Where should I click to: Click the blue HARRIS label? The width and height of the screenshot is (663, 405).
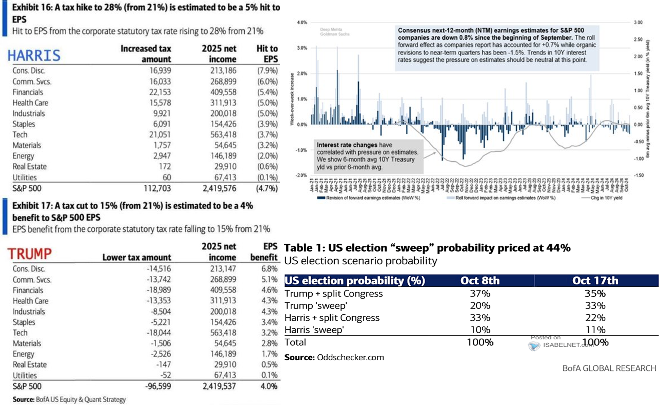coord(34,55)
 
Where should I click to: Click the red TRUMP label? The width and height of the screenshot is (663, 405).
coord(29,254)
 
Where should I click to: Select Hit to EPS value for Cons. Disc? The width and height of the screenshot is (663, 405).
coord(267,71)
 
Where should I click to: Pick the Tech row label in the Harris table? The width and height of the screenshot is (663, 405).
coord(20,135)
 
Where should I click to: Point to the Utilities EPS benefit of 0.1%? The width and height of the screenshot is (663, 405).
coord(269,375)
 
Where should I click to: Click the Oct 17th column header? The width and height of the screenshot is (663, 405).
coord(595,280)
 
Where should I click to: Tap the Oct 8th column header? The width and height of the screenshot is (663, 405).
coord(480,280)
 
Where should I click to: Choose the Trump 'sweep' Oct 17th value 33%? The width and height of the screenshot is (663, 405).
coord(595,306)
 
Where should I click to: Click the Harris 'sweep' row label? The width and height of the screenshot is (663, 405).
coord(314,330)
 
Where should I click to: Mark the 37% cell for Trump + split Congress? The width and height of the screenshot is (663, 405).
coord(480,293)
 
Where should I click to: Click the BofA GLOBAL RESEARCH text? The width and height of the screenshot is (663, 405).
coord(609,368)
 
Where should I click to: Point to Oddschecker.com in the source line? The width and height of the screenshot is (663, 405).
coord(350,357)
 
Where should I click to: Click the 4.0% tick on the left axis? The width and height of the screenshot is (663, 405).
coord(302,22)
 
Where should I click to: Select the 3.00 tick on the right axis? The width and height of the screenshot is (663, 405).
coord(638,22)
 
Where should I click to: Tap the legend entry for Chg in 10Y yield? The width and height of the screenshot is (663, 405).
coord(606,198)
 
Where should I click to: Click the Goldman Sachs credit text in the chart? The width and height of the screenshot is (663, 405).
coord(335,34)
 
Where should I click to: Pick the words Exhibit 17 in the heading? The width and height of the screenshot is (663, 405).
coord(31,206)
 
